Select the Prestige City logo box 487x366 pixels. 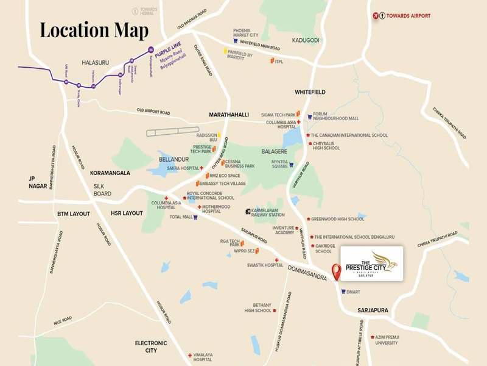click(371, 264)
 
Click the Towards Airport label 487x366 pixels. click(416, 15)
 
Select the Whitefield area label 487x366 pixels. click(310, 91)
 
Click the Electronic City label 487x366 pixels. click(147, 346)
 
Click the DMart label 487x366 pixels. click(352, 292)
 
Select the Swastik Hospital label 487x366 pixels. click(265, 265)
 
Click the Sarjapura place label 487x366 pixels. click(373, 310)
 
